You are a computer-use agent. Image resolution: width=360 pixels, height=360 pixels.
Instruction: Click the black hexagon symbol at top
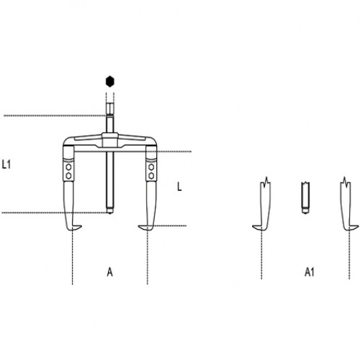(x=110, y=81)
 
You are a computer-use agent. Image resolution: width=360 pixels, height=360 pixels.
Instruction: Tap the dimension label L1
(x=6, y=164)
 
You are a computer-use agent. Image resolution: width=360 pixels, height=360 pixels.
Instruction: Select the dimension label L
(x=179, y=186)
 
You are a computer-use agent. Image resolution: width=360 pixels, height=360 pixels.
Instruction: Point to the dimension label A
(x=109, y=272)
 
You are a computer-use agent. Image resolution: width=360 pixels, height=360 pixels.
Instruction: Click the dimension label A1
(x=310, y=272)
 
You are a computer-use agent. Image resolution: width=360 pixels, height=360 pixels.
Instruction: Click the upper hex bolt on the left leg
(x=68, y=167)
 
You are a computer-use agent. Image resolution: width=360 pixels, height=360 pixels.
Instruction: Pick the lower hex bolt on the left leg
(x=68, y=176)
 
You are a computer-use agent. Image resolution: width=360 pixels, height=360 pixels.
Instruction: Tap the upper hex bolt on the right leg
(x=151, y=167)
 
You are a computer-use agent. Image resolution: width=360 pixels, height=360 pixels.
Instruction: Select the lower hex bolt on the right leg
(x=151, y=176)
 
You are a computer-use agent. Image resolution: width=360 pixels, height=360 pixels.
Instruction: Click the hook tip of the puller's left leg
(x=81, y=226)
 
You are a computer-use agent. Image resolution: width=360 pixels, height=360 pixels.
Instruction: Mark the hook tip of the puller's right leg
(x=139, y=226)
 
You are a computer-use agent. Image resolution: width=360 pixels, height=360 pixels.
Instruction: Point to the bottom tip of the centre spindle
(x=110, y=213)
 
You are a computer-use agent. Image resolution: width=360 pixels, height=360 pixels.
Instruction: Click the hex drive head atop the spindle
(x=110, y=109)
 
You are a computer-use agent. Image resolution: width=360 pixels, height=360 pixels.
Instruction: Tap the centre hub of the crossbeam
(x=109, y=140)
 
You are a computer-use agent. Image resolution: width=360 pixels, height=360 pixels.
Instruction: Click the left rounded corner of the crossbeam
(x=66, y=142)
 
